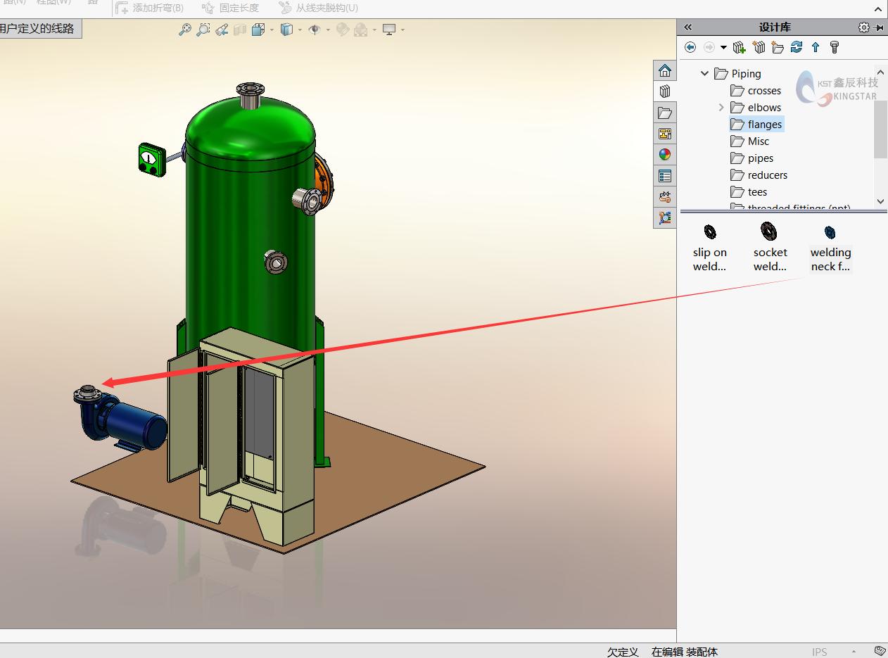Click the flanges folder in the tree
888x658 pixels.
tap(763, 125)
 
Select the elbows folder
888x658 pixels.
tap(763, 108)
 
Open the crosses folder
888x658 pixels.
tap(763, 91)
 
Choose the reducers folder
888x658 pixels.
tap(766, 175)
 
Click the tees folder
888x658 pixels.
tap(756, 192)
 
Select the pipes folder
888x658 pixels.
tap(760, 158)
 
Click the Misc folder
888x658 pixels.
tap(758, 141)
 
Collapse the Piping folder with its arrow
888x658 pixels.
tap(704, 74)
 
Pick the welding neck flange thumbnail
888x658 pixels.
tap(830, 233)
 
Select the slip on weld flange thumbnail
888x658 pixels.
tap(710, 232)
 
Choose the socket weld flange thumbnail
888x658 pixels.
tap(769, 232)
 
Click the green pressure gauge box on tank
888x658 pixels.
tap(151, 159)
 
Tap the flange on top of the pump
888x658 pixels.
tap(87, 393)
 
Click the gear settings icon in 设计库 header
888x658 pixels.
tap(863, 27)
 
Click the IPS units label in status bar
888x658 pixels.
tap(820, 652)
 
